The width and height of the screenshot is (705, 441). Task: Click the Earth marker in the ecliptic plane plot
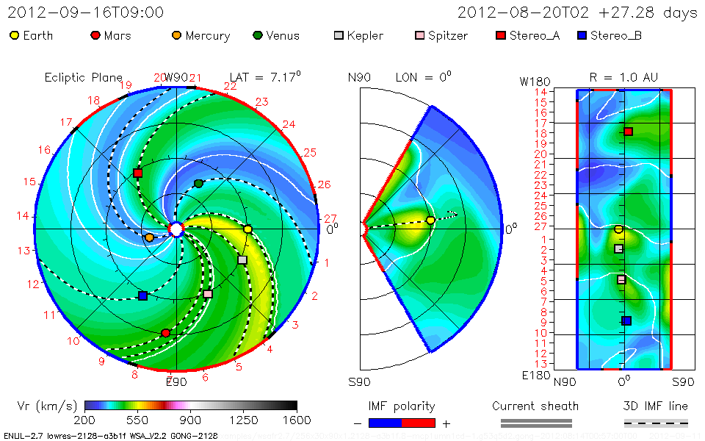[247, 230]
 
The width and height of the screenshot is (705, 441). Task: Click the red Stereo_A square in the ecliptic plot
[138, 173]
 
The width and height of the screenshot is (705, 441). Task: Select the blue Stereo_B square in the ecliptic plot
[142, 296]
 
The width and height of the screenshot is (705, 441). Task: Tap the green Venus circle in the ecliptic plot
[198, 183]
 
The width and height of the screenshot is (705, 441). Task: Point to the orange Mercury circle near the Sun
[150, 237]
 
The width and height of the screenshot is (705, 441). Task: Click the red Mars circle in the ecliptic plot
[165, 333]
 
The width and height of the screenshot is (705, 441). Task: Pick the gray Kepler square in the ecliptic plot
[242, 260]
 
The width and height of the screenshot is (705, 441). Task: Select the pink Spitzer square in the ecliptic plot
[208, 294]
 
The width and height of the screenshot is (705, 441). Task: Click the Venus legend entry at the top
[276, 35]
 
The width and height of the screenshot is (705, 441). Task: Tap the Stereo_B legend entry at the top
[609, 35]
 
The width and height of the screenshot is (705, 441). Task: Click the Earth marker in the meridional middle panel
[430, 220]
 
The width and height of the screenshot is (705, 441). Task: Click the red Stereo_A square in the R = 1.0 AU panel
[629, 132]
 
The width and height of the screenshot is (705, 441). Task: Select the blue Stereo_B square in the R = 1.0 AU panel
[626, 320]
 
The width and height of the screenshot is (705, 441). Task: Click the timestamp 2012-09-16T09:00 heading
[85, 12]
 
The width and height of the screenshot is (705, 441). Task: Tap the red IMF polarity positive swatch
[419, 423]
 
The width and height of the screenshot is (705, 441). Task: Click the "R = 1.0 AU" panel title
[623, 77]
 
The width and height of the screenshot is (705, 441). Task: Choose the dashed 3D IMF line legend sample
[656, 423]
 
